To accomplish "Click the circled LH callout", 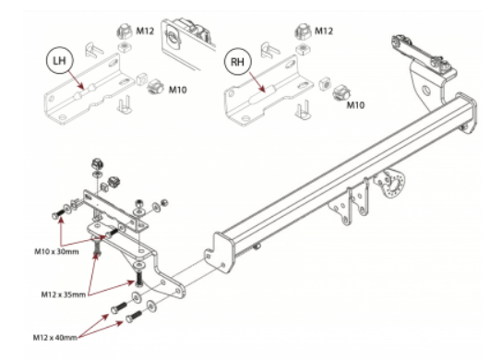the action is [x=60, y=61].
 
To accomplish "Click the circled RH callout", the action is [x=237, y=61].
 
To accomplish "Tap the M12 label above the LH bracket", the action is [x=145, y=31].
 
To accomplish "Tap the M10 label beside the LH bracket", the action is [x=178, y=90].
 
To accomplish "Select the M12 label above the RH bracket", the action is [x=324, y=30].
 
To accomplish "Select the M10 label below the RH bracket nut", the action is [x=355, y=104].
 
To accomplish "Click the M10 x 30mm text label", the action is [x=56, y=251].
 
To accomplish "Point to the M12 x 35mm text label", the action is [x=64, y=294].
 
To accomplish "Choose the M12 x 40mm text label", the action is [x=55, y=337].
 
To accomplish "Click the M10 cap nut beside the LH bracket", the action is [x=156, y=87].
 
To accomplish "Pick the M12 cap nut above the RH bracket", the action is [x=303, y=31].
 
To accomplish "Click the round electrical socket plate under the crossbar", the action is [x=391, y=185].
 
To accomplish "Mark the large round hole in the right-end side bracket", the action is [x=425, y=90].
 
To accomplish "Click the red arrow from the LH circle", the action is [x=76, y=79].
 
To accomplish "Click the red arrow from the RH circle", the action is [x=257, y=81].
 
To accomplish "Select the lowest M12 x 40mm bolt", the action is [x=134, y=317].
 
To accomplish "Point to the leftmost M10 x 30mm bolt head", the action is [x=55, y=216].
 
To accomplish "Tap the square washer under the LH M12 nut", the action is [x=124, y=47].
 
